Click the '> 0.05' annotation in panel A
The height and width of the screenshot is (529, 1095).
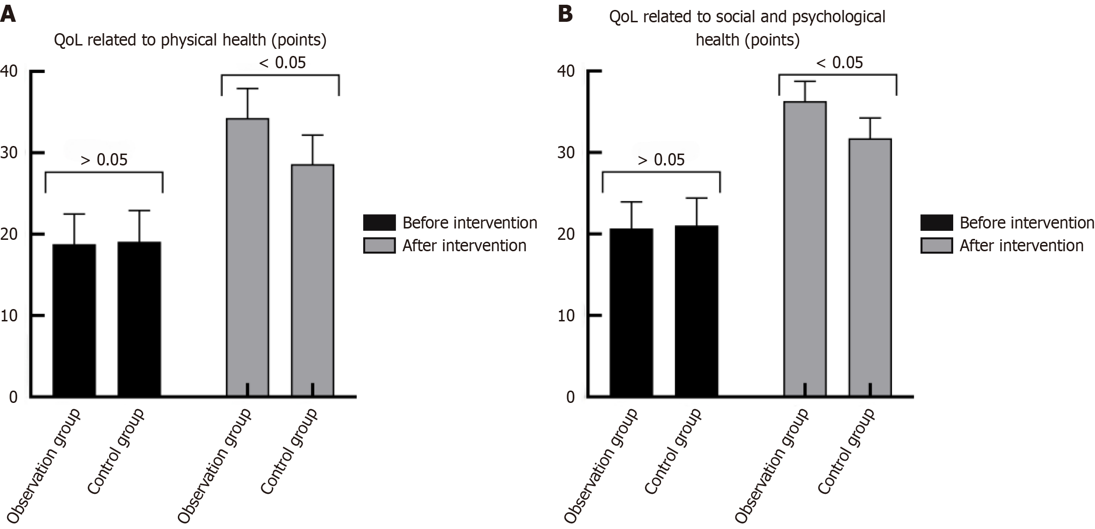pos(104,160)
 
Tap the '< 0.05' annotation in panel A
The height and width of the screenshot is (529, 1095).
pos(283,63)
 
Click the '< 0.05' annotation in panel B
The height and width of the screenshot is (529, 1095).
pos(840,63)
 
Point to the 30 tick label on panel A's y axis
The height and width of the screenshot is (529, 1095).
pos(9,153)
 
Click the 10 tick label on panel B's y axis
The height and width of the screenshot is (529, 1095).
pos(566,316)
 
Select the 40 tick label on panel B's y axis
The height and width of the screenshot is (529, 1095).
pos(566,71)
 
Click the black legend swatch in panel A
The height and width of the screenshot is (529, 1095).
pos(379,222)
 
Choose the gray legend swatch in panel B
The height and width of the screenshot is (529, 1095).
pos(937,246)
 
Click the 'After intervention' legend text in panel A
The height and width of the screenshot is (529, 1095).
pos(464,246)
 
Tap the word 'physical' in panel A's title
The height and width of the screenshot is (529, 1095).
pos(189,40)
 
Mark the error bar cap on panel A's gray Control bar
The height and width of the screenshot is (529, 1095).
pos(313,136)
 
